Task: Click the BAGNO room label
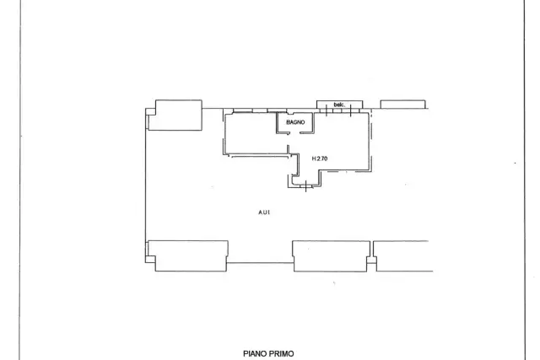pos(295,122)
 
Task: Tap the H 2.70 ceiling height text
pos(320,159)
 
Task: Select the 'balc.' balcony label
pos(339,105)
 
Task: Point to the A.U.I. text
pos(264,212)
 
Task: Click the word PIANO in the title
pos(255,354)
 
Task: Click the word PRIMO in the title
pos(281,354)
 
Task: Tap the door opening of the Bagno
pos(294,133)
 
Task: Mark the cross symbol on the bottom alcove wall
pos(305,186)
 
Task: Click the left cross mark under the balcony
pos(327,110)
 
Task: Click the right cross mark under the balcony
pos(350,110)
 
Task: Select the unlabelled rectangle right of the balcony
pos(403,105)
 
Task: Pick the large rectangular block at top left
pos(178,116)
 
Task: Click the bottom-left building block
pos(188,256)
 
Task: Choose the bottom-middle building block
pos(332,256)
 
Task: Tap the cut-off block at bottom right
pos(403,256)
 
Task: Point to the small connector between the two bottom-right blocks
pos(372,260)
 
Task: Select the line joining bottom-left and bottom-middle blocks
pos(260,263)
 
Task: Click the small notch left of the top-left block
pos(150,112)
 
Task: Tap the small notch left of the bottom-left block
pos(150,259)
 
